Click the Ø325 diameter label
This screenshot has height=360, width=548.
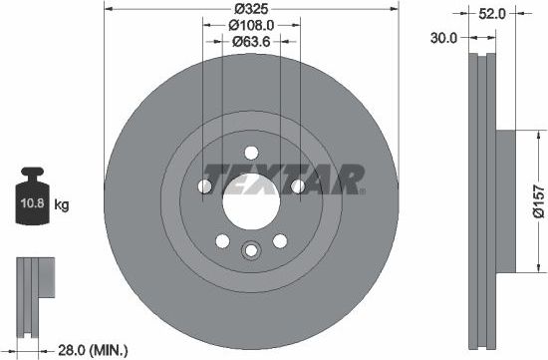click(x=251, y=8)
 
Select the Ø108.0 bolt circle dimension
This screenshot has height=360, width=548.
click(x=251, y=25)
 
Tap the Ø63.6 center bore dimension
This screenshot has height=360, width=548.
click(x=251, y=42)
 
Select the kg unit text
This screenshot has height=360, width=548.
click(x=62, y=205)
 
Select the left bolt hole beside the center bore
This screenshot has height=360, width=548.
click(x=206, y=186)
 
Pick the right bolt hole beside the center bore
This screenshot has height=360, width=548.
click(x=297, y=186)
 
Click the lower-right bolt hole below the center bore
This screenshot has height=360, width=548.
click(x=280, y=239)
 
